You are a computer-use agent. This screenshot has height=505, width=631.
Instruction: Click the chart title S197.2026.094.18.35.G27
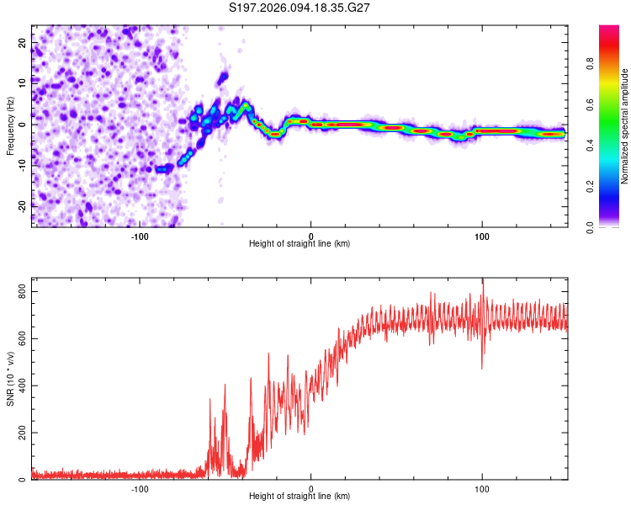(300, 8)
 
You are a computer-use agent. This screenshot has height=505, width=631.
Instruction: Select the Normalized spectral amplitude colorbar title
(625, 126)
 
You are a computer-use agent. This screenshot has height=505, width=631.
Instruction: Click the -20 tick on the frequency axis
(22, 206)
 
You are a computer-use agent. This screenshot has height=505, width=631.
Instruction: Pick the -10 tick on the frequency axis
(22, 165)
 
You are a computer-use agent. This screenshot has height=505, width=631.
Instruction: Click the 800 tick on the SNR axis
(19, 291)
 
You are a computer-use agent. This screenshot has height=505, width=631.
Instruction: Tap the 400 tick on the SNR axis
(19, 385)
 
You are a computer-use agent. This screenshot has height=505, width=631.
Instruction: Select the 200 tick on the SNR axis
(19, 433)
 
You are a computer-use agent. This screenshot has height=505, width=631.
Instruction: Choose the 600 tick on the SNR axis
(19, 338)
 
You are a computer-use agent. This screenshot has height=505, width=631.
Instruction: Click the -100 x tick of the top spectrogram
(140, 235)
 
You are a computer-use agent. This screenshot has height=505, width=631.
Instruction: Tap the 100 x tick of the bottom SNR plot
(482, 488)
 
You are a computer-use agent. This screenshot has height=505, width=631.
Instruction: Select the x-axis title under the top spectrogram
(300, 244)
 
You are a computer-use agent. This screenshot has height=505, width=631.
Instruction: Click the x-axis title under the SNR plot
(300, 497)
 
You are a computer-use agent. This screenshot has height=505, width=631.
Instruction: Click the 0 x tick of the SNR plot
(311, 488)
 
